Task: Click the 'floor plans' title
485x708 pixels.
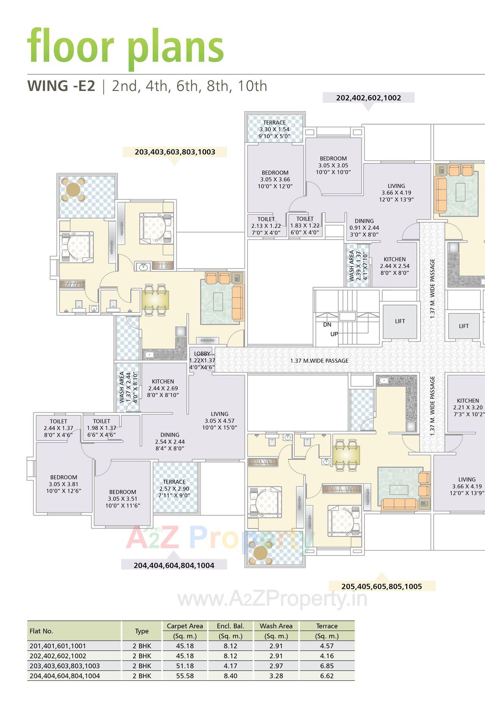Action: click(x=125, y=46)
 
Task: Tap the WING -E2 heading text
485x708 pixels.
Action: click(x=61, y=86)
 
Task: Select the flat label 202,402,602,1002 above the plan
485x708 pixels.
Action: click(x=368, y=98)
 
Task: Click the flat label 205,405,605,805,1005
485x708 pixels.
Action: click(x=382, y=586)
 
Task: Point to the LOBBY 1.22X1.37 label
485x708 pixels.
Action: click(x=202, y=360)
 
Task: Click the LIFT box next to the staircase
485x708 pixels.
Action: click(x=400, y=321)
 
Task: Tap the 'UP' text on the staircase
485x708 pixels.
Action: click(x=334, y=334)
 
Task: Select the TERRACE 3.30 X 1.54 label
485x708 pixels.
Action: click(x=274, y=129)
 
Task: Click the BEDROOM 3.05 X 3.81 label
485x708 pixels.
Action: click(x=64, y=484)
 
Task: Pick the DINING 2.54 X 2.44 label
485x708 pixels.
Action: click(x=170, y=442)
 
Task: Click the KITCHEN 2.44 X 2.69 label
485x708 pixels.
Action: click(x=163, y=388)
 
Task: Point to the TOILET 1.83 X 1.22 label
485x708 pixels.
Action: click(x=305, y=226)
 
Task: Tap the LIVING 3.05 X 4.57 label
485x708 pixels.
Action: click(x=219, y=421)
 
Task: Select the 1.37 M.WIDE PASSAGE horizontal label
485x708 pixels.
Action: click(x=319, y=361)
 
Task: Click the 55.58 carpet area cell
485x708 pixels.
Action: click(x=185, y=676)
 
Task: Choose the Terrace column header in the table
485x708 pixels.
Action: click(x=327, y=626)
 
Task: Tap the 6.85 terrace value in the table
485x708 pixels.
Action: click(x=327, y=666)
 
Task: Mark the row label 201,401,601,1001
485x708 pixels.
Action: click(x=58, y=646)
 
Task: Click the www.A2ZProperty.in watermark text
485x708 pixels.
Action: click(x=272, y=599)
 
